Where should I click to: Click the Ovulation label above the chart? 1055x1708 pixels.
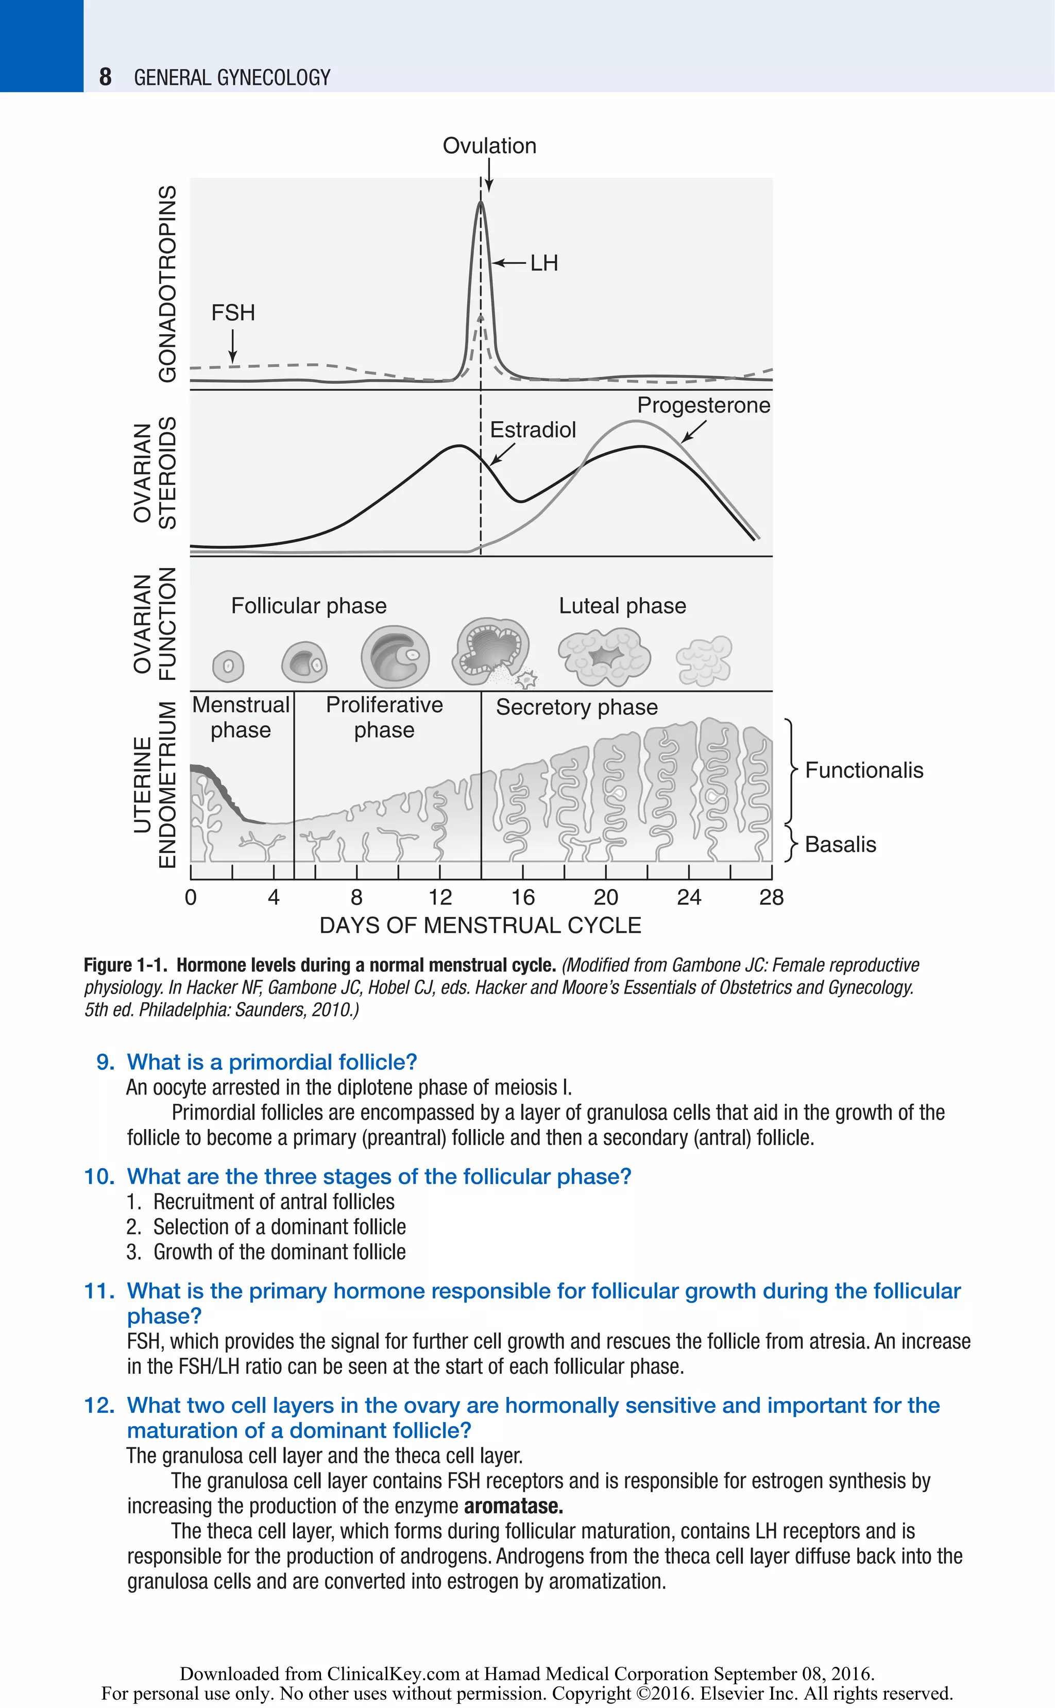[489, 146]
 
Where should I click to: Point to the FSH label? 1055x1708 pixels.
[233, 313]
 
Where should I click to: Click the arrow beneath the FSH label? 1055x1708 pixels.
[232, 347]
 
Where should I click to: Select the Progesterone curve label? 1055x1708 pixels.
[703, 405]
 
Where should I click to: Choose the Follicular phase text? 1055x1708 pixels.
[309, 606]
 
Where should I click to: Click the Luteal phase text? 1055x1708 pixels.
[622, 606]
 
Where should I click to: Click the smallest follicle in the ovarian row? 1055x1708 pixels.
[228, 667]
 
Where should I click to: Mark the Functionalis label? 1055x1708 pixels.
[863, 770]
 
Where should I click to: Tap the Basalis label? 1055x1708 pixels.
[840, 844]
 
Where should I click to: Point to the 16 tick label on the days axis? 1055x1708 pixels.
[523, 897]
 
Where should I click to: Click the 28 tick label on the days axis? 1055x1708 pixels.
[771, 897]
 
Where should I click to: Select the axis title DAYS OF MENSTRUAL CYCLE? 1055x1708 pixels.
[480, 925]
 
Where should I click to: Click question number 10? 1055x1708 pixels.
[98, 1176]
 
